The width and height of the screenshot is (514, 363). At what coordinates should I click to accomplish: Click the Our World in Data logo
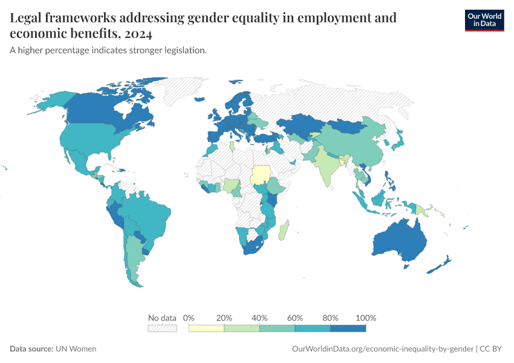[484, 20]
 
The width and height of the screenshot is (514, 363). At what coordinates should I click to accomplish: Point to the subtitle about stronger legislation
[108, 51]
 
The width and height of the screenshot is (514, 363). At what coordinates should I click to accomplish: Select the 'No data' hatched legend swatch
[162, 328]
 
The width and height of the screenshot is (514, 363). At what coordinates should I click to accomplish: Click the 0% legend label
[189, 318]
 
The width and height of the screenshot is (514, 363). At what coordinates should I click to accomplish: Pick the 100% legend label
[366, 318]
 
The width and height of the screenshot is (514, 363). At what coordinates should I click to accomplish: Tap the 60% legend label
[295, 318]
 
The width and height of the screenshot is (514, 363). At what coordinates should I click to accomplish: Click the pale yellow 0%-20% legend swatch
[206, 328]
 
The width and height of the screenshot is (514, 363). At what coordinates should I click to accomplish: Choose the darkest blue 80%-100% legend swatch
[348, 328]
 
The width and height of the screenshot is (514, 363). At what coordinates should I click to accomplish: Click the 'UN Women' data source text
[76, 349]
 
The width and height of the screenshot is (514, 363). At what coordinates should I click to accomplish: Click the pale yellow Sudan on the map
[262, 175]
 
